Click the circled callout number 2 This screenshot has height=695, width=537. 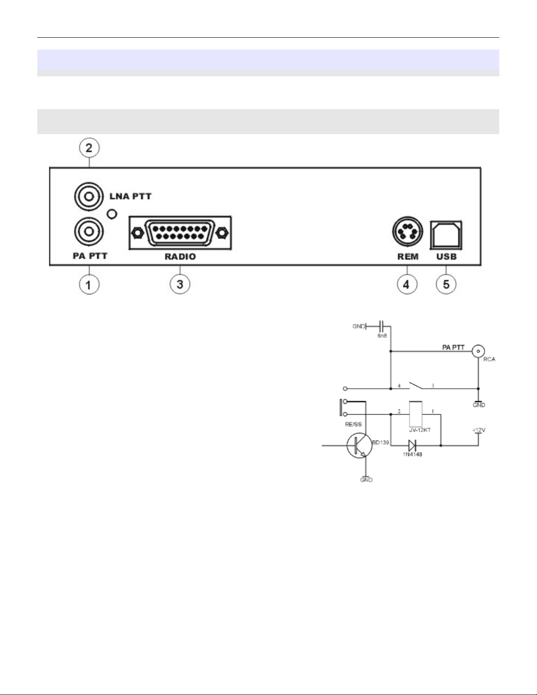89,148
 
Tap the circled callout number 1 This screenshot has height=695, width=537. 89,285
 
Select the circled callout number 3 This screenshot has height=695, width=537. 180,284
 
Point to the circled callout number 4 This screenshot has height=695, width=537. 406,284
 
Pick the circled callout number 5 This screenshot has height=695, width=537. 446,284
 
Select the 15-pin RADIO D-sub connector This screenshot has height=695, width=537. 180,233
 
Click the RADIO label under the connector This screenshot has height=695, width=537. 180,257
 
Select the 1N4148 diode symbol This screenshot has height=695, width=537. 412,446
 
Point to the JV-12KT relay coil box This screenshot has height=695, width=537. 415,413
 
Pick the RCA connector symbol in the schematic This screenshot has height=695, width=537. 478,351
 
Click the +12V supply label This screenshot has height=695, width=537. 478,430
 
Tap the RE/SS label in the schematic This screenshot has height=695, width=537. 353,424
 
